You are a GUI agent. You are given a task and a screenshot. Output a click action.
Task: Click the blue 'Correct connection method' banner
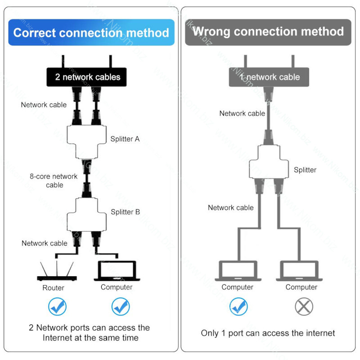[91, 32]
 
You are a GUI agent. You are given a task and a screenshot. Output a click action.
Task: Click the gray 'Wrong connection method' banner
[268, 32]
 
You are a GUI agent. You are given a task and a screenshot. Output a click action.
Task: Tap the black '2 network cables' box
[86, 77]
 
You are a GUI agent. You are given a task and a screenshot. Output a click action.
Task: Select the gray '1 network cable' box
[269, 77]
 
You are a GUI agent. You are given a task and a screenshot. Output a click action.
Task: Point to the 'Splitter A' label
[125, 139]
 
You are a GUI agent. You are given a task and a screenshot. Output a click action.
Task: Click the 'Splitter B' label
[126, 212]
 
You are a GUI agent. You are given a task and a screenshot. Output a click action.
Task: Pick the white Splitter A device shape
[86, 142]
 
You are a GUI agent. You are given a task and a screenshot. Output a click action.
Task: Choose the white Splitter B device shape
[86, 215]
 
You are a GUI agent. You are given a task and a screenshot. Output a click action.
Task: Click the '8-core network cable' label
[54, 181]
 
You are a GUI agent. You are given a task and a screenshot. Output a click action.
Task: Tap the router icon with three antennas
[57, 271]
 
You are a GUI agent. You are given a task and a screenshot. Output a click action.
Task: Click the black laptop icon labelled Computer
[117, 271]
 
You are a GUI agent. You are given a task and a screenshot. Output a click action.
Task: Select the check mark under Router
[58, 306]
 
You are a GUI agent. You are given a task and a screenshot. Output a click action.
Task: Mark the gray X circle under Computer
[304, 306]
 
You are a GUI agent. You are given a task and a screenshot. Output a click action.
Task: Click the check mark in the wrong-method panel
[238, 306]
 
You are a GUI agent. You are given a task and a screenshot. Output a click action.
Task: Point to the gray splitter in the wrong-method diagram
[269, 162]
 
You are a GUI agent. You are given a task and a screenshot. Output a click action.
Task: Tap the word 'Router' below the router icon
[53, 288]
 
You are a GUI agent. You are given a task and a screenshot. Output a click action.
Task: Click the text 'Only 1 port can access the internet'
[268, 333]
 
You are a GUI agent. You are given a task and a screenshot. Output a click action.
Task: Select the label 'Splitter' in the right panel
[305, 170]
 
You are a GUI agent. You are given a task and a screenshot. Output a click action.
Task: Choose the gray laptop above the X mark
[299, 271]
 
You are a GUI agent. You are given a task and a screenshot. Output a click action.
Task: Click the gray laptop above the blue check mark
[238, 271]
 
